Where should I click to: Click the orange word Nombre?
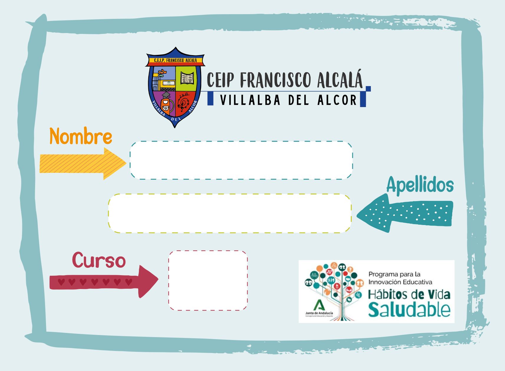(x=81, y=136)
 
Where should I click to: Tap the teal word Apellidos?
(x=420, y=185)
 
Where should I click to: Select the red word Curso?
(x=99, y=260)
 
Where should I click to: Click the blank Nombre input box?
(x=241, y=160)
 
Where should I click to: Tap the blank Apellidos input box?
(x=230, y=213)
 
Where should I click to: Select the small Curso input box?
(x=208, y=280)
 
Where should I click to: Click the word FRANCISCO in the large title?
(x=275, y=80)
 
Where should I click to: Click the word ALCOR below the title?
(x=338, y=100)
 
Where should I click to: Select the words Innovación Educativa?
(x=400, y=282)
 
